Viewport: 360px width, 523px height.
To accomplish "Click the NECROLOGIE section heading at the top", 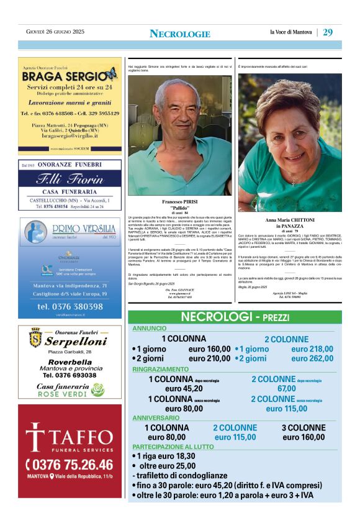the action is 180,34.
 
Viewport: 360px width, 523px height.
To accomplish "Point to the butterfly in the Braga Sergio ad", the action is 111,75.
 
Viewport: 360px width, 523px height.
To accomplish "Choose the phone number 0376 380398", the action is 70,306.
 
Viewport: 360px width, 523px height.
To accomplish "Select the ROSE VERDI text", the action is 70,394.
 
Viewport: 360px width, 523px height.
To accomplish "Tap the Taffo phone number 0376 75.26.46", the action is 70,465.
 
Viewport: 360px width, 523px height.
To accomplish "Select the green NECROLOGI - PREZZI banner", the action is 234,317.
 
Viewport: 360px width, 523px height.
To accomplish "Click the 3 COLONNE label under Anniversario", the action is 304,428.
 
